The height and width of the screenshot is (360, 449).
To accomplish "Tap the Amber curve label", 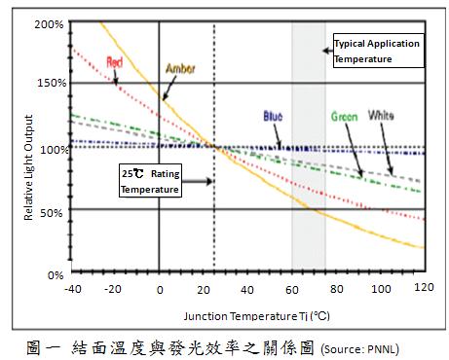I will (180, 69).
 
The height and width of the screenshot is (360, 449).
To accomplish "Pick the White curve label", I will (381, 116).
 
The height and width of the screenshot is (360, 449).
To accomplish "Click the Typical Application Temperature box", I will (376, 52).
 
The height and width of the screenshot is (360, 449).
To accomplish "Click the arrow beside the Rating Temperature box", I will (196, 181).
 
